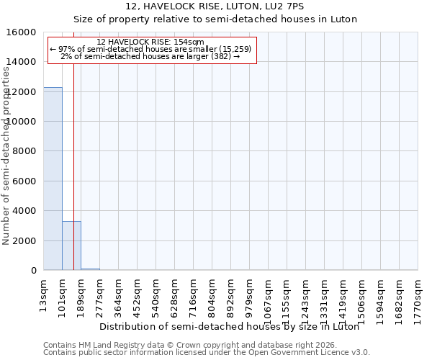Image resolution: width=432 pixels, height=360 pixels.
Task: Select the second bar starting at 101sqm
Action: [x=71, y=246]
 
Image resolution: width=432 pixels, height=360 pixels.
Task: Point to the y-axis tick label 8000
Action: [x=25, y=151]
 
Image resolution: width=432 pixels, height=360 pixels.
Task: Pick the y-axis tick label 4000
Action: [x=25, y=211]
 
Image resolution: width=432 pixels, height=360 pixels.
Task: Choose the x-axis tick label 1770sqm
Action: [x=418, y=295]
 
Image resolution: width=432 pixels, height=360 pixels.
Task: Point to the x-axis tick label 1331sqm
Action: [x=325, y=295]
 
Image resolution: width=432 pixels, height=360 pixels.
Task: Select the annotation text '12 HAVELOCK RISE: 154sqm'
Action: [x=150, y=42]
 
